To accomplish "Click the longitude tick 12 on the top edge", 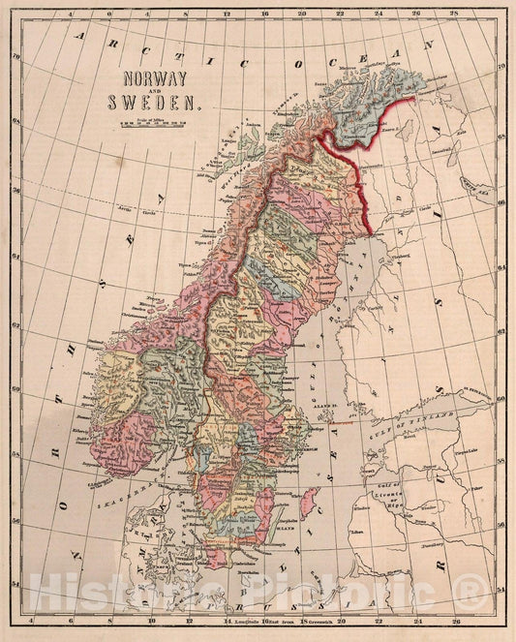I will click(x=226, y=15).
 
